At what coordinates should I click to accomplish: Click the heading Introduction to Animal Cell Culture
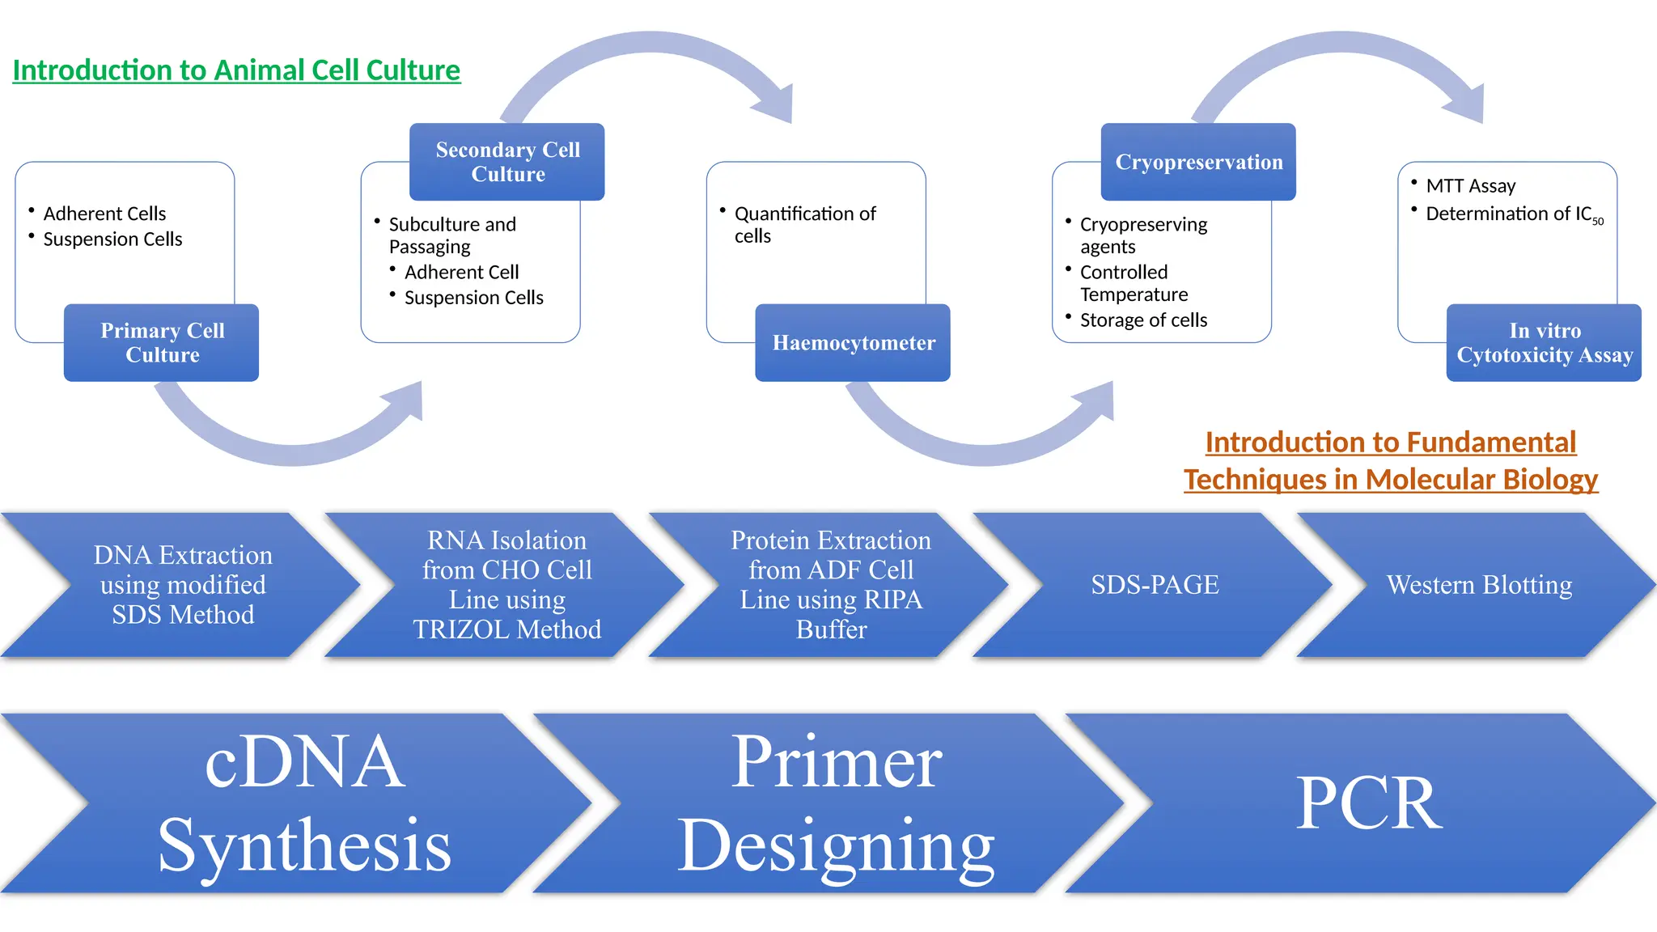coord(236,70)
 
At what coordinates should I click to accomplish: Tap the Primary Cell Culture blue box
coord(162,343)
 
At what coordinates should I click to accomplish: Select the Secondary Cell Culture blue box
coord(507,162)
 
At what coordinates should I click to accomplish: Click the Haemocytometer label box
coord(853,343)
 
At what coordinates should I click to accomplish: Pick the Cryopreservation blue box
coord(1198,162)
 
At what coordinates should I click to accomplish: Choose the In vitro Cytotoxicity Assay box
coord(1544,343)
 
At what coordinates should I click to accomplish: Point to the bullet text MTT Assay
coord(1470,186)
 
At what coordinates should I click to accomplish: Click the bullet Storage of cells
coord(1143,320)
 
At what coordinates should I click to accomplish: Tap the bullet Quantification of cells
coord(804,224)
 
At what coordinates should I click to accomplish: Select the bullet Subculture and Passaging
coord(451,235)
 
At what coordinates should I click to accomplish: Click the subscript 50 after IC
coord(1598,222)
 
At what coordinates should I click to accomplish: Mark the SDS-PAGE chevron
coord(1155,584)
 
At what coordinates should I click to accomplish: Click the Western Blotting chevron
coord(1479,584)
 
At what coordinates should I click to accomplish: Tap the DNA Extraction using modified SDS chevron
coord(183,584)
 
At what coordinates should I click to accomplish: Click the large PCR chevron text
coord(1369,803)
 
